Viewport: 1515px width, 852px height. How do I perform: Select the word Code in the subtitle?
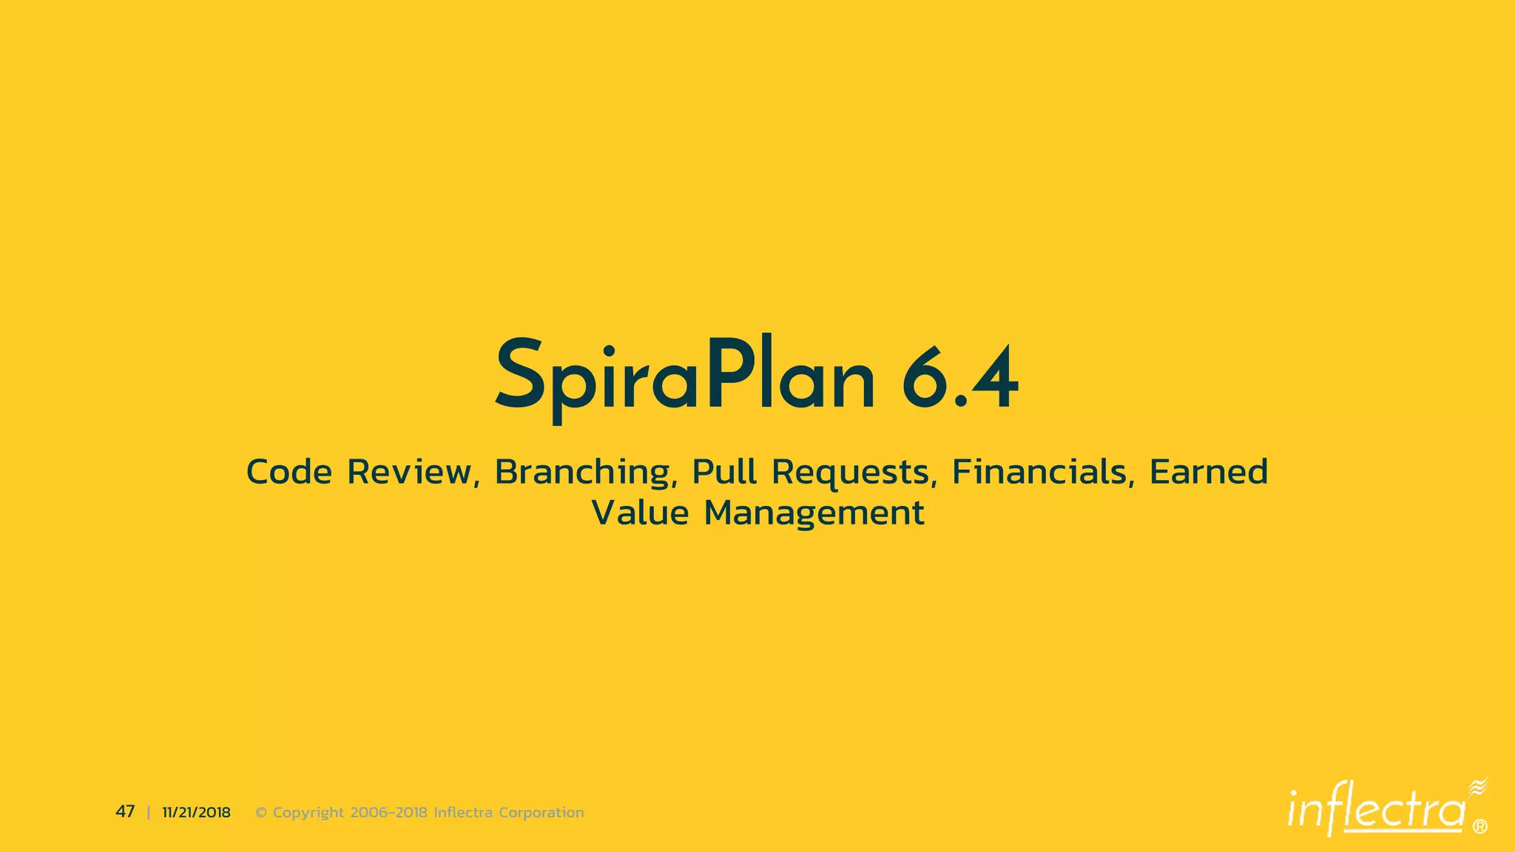(289, 473)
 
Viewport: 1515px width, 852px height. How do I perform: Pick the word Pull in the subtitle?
(724, 473)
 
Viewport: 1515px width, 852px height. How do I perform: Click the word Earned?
(1209, 473)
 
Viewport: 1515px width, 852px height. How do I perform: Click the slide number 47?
(125, 812)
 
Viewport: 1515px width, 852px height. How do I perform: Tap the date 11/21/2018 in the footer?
(196, 813)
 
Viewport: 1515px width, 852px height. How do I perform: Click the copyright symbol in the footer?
(261, 813)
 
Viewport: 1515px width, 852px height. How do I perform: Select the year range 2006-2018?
(388, 813)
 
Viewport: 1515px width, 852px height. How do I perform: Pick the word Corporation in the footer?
(541, 813)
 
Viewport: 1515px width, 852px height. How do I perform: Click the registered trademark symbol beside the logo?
(1480, 827)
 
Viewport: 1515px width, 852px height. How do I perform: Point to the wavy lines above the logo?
(1478, 787)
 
